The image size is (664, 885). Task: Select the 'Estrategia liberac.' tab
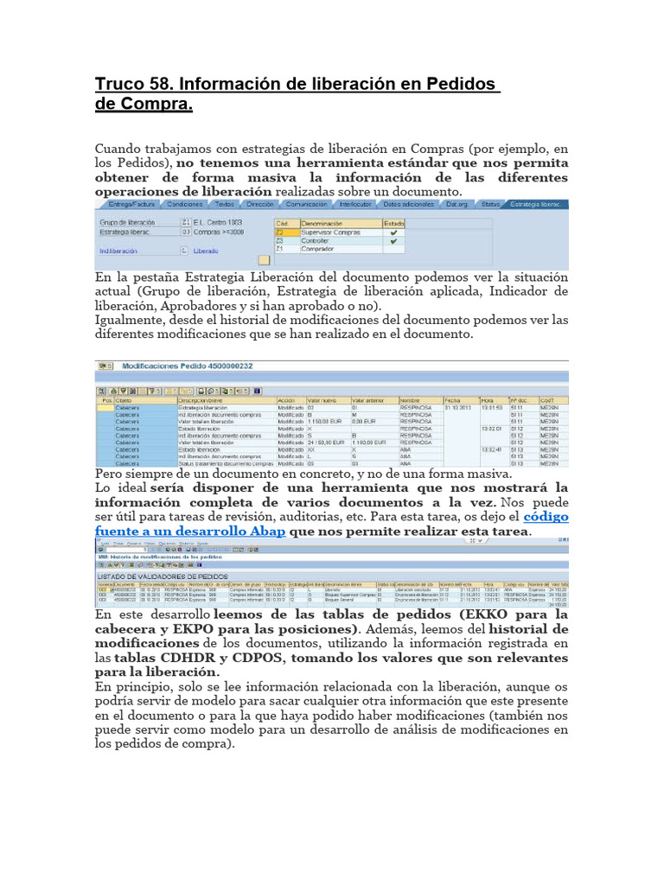[x=534, y=205]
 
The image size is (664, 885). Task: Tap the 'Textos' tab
[x=225, y=205]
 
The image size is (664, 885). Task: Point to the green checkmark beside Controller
[x=394, y=241]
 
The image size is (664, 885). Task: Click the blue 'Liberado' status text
[x=206, y=251]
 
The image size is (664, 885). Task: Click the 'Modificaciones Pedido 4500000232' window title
[x=188, y=366]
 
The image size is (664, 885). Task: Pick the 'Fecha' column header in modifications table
[x=453, y=400]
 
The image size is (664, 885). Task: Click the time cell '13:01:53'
[x=492, y=408]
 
